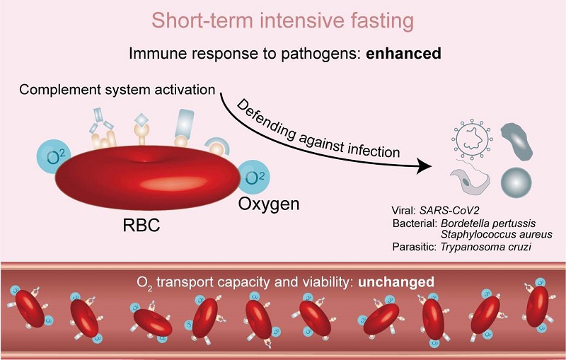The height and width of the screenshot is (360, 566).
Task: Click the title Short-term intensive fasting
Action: pyautogui.click(x=282, y=21)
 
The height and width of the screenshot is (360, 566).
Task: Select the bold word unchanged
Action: pyautogui.click(x=395, y=281)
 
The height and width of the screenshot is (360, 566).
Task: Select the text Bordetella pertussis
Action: pyautogui.click(x=488, y=223)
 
